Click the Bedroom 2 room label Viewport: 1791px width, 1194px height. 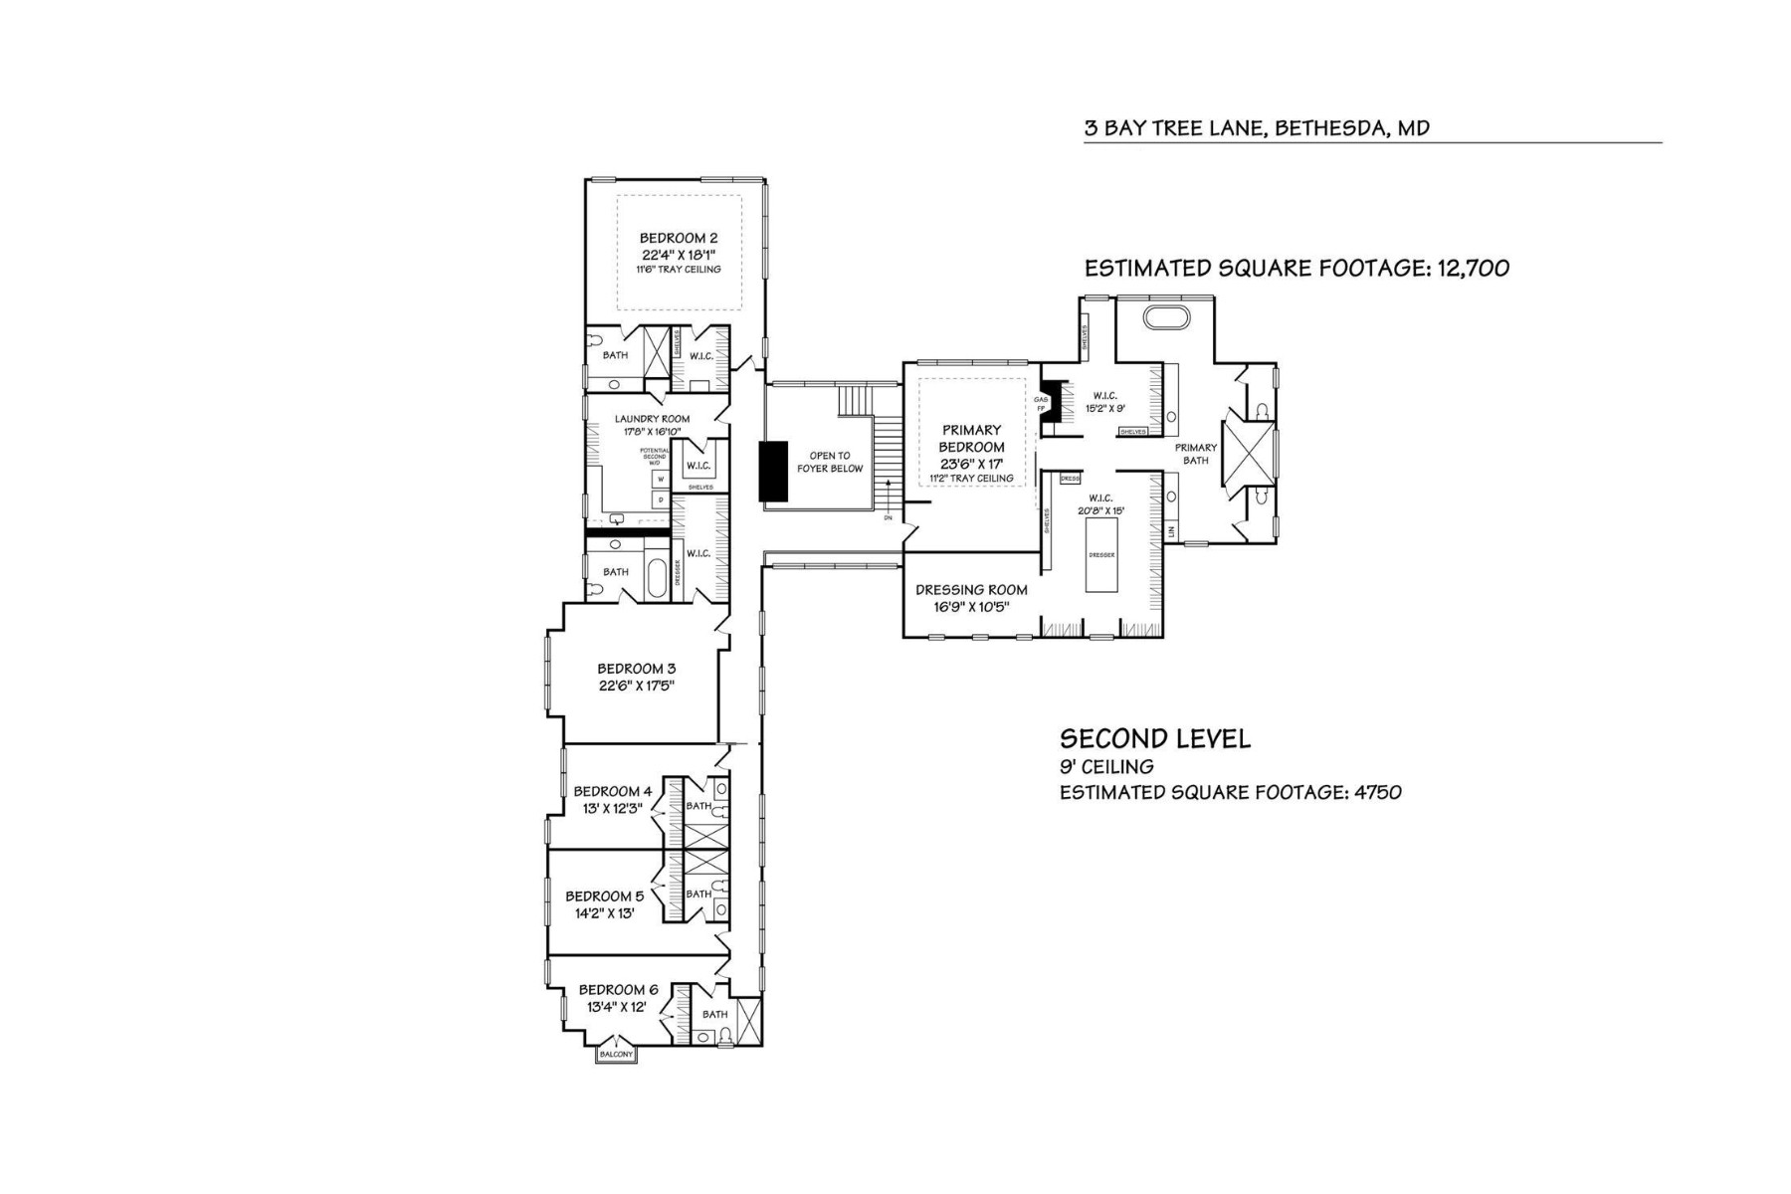[x=678, y=238]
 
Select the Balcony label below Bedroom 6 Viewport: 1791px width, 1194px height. [x=616, y=1055]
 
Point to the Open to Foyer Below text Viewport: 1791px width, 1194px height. [x=830, y=462]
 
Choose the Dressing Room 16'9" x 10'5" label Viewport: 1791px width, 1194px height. [x=971, y=598]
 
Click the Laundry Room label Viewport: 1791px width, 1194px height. [x=652, y=419]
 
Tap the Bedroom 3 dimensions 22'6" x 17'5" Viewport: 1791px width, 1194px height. [x=637, y=686]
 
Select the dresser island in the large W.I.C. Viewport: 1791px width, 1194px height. [x=1101, y=555]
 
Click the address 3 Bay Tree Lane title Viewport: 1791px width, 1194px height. [x=1257, y=128]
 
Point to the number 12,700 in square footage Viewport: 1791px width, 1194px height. [x=1473, y=268]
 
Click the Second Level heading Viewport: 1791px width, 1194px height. [x=1154, y=738]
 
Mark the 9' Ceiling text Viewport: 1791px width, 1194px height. [x=1106, y=767]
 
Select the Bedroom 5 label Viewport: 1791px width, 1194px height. [x=604, y=896]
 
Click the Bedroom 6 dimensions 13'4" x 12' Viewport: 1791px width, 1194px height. [x=617, y=1007]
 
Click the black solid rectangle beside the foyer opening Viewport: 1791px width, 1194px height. [x=773, y=471]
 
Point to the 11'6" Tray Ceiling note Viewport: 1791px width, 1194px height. [x=678, y=270]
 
